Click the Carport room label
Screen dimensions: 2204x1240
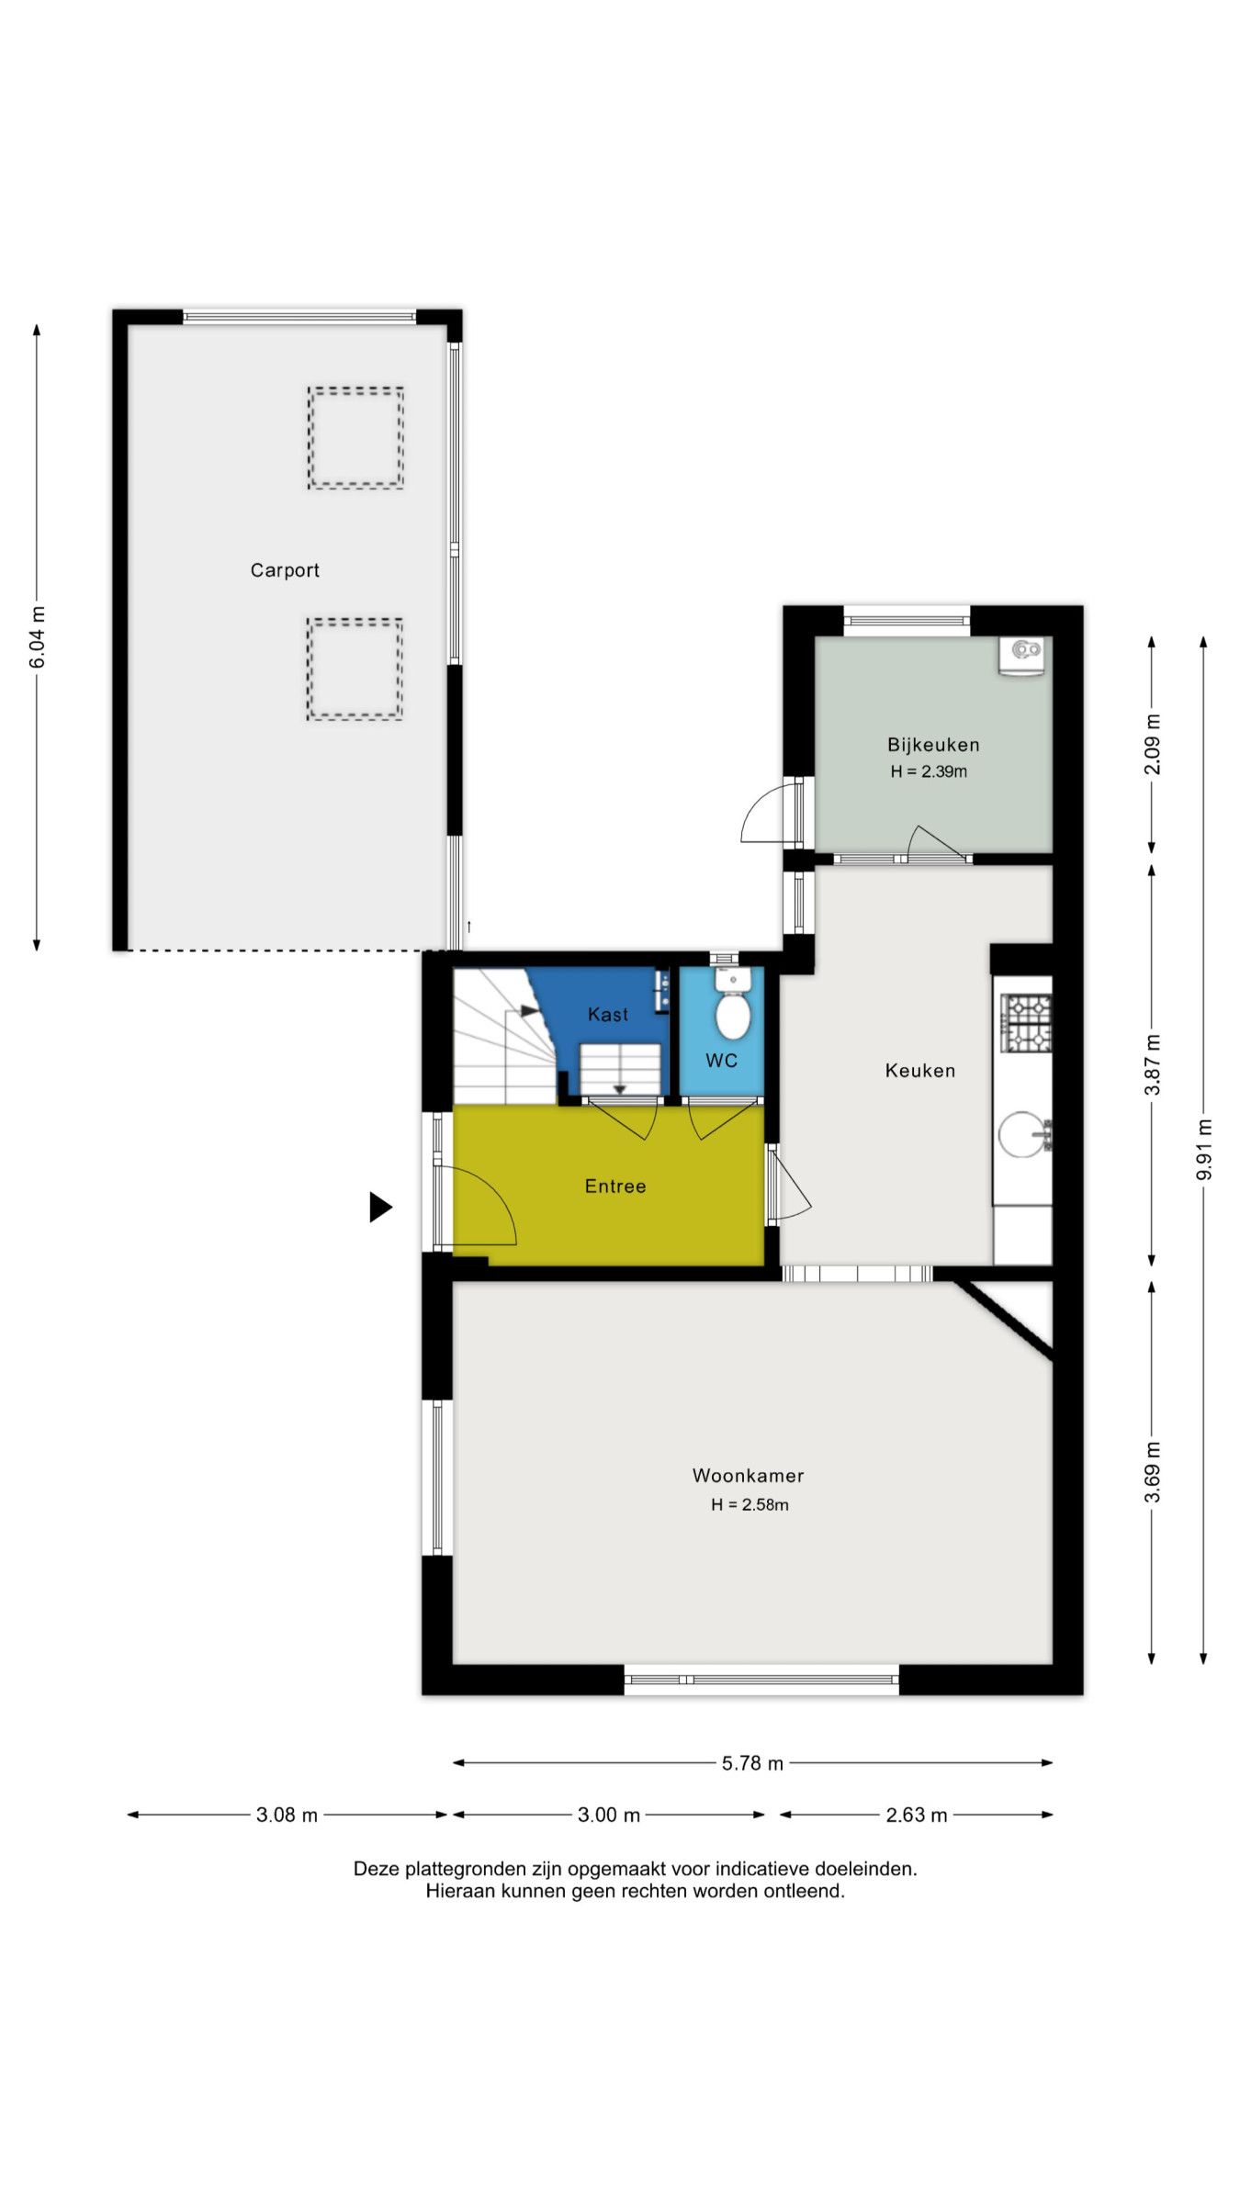[285, 570]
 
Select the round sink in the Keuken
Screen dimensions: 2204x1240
[1022, 1135]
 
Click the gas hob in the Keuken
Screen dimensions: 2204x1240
[1026, 1023]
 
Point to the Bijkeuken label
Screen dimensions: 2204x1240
[932, 745]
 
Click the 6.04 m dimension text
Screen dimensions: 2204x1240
[37, 637]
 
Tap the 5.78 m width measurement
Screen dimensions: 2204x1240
[752, 1763]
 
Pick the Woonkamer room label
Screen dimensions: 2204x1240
[748, 1476]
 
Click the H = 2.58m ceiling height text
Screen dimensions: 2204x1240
[750, 1504]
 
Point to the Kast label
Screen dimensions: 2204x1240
[608, 1015]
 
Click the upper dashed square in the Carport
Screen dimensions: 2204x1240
[355, 437]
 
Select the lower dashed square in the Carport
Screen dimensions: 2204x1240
[355, 669]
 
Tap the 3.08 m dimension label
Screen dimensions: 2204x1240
[287, 1815]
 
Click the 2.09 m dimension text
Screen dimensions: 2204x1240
[1152, 744]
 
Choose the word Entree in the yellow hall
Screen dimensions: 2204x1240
[615, 1186]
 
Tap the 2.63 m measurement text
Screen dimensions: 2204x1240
[916, 1815]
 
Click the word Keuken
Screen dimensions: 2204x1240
[919, 1071]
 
